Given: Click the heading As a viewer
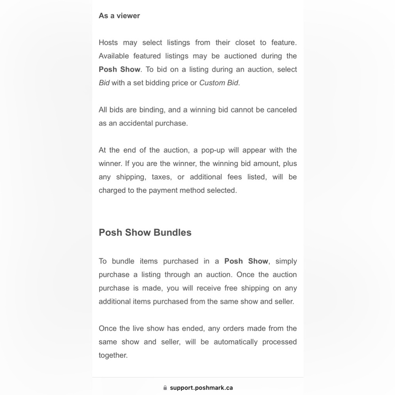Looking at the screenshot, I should click(x=119, y=16).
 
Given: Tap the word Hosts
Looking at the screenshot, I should click(x=108, y=43).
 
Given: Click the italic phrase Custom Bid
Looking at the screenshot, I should click(x=219, y=83).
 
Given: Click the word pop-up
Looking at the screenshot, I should click(x=214, y=150).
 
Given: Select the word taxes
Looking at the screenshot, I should click(x=161, y=177).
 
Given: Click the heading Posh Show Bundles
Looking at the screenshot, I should click(x=145, y=232).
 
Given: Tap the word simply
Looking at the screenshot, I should click(x=286, y=261).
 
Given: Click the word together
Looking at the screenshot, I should click(x=113, y=355).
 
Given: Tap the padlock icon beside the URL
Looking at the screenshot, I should click(x=165, y=388).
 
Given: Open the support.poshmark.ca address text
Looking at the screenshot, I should click(x=201, y=388).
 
